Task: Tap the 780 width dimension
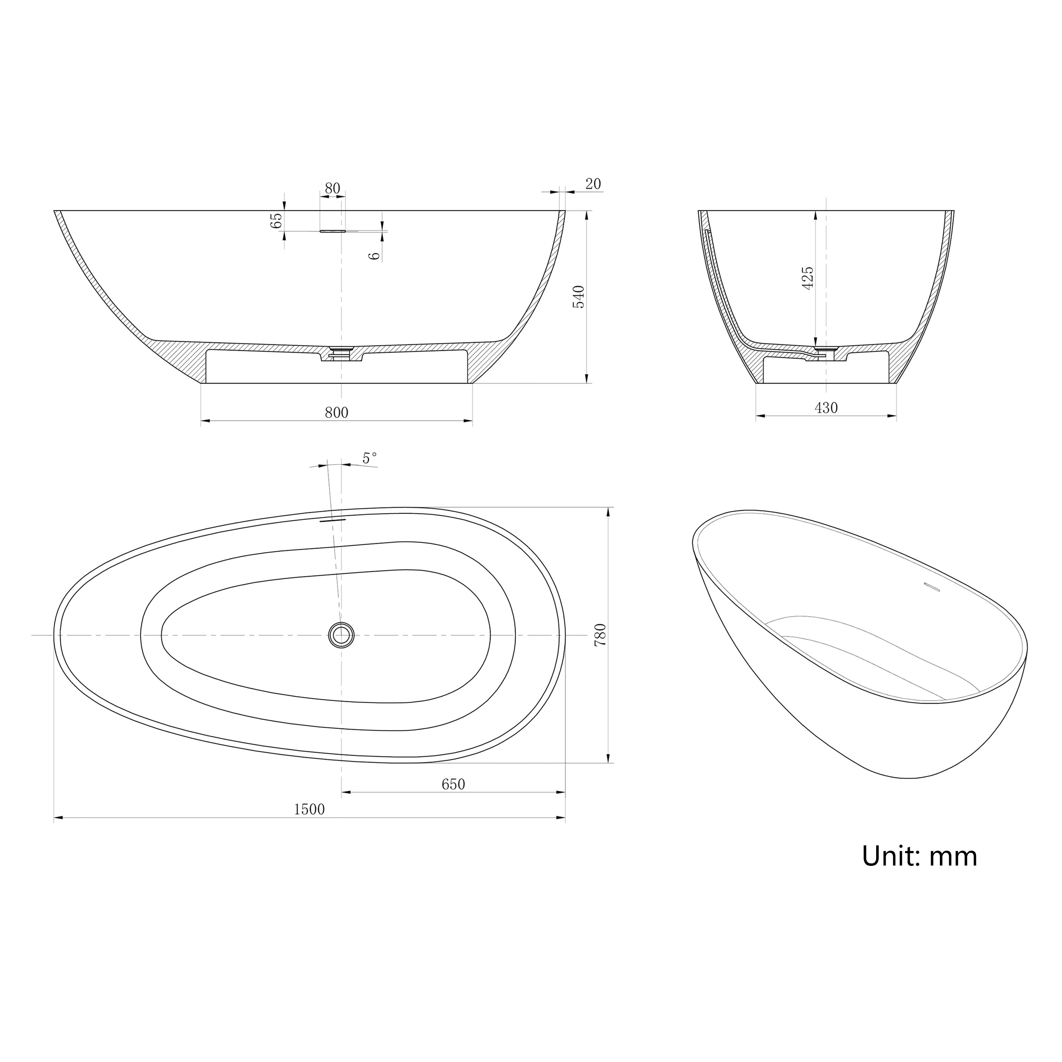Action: [600, 635]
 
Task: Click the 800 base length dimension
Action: [336, 412]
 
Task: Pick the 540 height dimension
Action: [579, 297]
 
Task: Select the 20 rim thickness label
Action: [593, 184]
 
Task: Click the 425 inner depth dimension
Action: [807, 278]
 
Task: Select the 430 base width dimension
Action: [826, 408]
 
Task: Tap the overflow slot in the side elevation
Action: [332, 232]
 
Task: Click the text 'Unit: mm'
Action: [919, 856]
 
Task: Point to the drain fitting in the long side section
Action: [341, 351]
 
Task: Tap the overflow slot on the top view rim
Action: [332, 519]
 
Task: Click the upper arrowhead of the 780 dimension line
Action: [608, 511]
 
